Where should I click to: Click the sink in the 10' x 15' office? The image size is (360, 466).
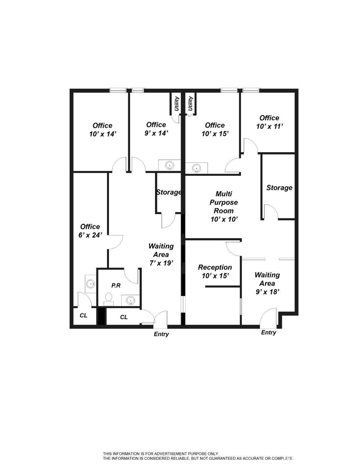click(196, 168)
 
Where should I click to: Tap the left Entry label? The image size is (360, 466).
click(161, 334)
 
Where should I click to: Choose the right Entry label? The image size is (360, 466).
click(268, 332)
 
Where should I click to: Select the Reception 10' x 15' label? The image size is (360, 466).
click(215, 271)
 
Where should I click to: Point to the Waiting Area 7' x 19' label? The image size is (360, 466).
click(161, 255)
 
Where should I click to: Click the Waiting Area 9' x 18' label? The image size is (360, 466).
click(267, 283)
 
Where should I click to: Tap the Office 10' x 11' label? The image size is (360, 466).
click(269, 122)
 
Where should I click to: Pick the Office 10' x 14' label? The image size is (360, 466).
click(103, 130)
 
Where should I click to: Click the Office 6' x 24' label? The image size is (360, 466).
click(90, 231)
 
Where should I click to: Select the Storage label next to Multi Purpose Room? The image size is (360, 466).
click(279, 188)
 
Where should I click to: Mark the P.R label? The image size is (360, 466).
click(116, 285)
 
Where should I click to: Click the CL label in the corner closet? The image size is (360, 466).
click(84, 316)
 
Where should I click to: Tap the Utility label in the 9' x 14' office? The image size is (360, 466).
click(176, 104)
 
